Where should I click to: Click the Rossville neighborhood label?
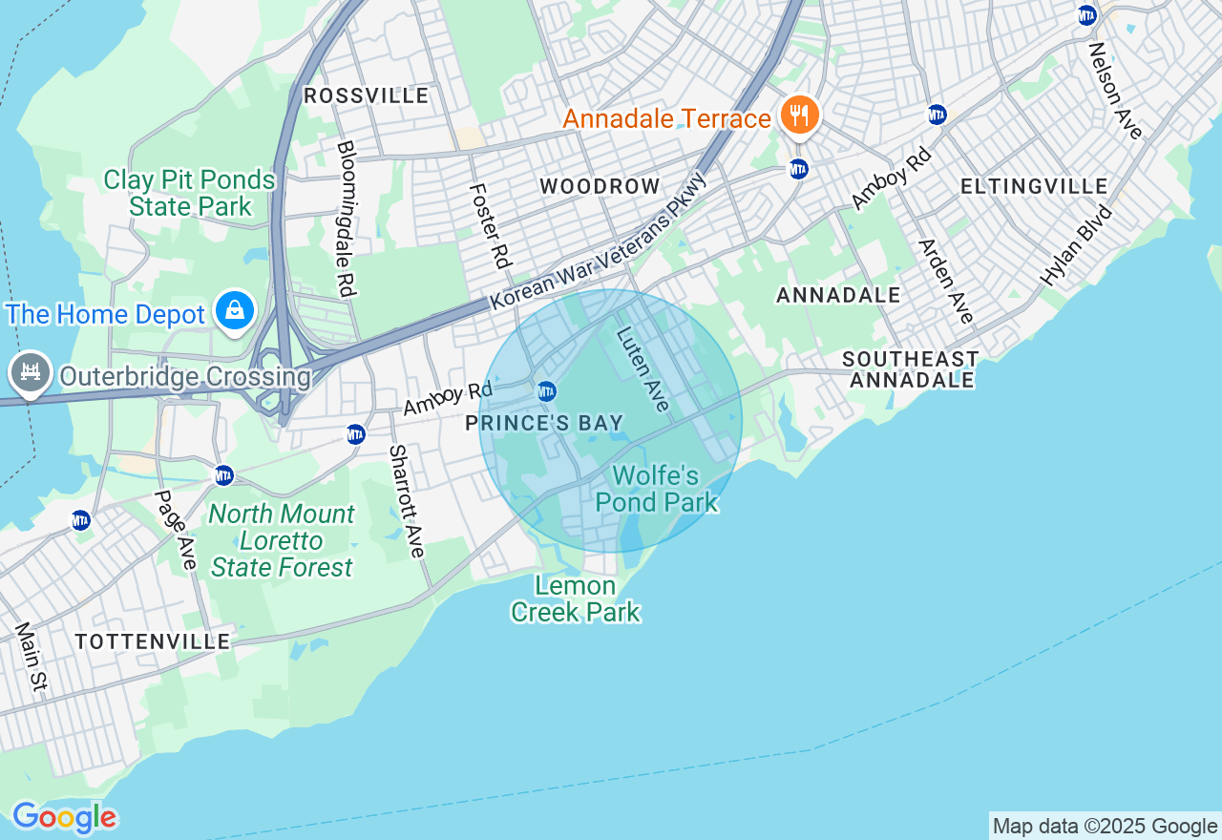(366, 96)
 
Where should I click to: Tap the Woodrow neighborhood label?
(600, 186)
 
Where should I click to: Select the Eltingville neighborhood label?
(1034, 186)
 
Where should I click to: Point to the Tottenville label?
(153, 641)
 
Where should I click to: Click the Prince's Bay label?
(544, 423)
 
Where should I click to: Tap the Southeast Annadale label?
(911, 369)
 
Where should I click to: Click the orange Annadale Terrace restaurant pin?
(800, 116)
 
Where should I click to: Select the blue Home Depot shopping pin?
(234, 311)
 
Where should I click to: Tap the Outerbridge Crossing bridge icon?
(30, 374)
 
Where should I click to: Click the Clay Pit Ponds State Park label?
(189, 193)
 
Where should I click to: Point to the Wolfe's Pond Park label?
(656, 489)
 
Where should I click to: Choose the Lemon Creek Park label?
(575, 598)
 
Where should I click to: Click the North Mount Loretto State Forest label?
(282, 541)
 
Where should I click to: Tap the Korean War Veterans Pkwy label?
(599, 241)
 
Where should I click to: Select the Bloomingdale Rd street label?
(346, 219)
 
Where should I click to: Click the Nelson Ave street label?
(1115, 91)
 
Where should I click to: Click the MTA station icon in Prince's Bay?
(546, 391)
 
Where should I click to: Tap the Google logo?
(64, 818)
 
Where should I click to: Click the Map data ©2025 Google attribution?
(1105, 827)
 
